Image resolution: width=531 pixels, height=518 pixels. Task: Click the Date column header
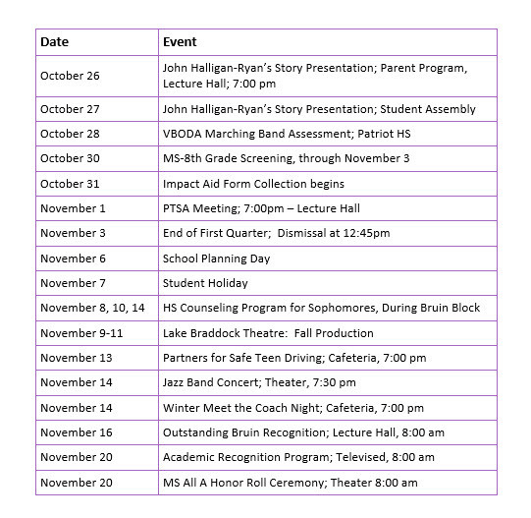[54, 42]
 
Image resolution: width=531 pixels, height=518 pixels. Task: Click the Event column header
[180, 42]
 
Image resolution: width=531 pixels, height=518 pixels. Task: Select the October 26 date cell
[70, 76]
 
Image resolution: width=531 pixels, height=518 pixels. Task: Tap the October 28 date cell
[70, 134]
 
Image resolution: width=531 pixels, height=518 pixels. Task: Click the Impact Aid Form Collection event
[253, 184]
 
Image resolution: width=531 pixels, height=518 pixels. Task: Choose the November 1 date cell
[73, 208]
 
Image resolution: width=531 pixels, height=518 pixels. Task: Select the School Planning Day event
[216, 259]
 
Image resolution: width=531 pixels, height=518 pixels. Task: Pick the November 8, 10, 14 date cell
[92, 308]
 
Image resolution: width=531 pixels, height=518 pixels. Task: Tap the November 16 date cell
[77, 432]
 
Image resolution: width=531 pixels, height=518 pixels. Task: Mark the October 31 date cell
[70, 184]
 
